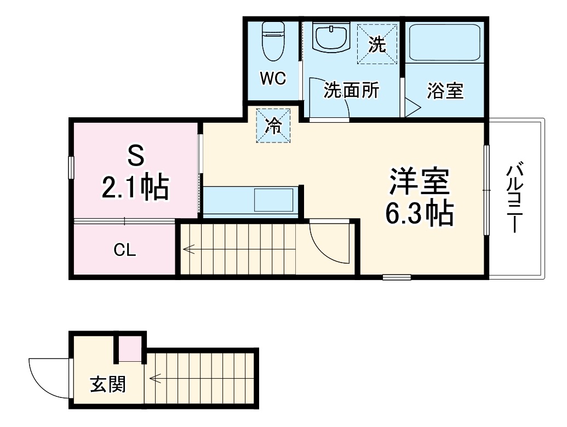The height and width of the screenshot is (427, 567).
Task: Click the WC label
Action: [273, 79]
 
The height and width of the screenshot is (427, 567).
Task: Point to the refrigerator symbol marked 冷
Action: [273, 126]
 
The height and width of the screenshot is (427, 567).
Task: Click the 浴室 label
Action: [445, 91]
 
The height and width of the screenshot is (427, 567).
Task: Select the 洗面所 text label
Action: [351, 90]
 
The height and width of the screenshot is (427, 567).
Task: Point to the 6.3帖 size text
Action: [419, 213]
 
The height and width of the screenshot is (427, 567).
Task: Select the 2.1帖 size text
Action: [135, 187]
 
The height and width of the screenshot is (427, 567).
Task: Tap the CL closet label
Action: [125, 250]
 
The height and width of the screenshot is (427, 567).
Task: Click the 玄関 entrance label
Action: [107, 384]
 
